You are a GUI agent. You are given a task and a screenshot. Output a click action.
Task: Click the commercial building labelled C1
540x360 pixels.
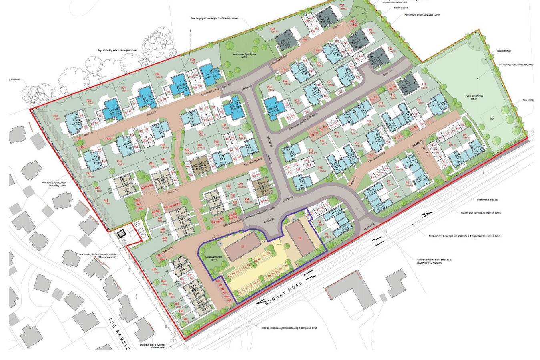[x=243, y=247]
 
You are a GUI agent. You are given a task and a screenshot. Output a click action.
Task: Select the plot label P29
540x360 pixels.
[x=193, y=61]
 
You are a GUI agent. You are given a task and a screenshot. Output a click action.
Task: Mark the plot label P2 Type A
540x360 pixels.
[x=320, y=223]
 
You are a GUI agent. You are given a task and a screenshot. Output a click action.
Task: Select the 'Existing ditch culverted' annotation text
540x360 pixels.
[x=481, y=212]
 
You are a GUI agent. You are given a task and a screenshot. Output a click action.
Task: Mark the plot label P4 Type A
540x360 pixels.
[x=396, y=196]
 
